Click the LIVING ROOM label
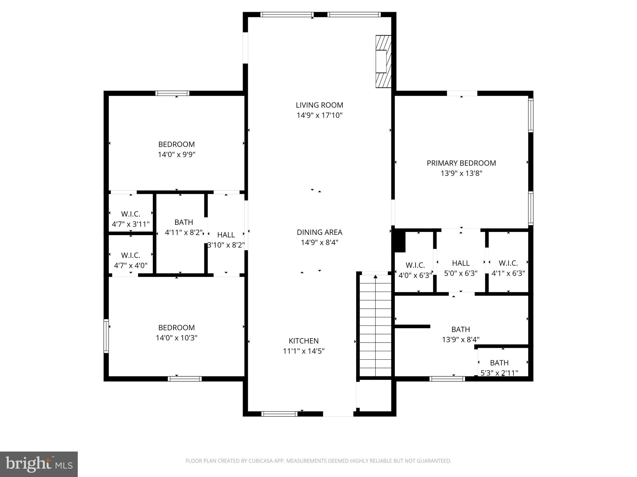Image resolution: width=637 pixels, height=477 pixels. (319, 105)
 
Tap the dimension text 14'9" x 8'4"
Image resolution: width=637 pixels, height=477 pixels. (319, 243)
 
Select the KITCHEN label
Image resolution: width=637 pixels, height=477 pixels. (304, 341)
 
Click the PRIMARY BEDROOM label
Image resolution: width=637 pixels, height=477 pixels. (461, 163)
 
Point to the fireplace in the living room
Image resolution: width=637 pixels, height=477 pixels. (383, 61)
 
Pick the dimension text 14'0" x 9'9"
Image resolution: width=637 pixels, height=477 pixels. (176, 155)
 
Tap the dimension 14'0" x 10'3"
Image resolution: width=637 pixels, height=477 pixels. (176, 338)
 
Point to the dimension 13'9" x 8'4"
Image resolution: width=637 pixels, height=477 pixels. (461, 340)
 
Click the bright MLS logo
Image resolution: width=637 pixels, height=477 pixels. (39, 464)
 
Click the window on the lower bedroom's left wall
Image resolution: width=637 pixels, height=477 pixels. (106, 336)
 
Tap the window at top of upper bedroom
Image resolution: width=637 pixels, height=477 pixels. (172, 93)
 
